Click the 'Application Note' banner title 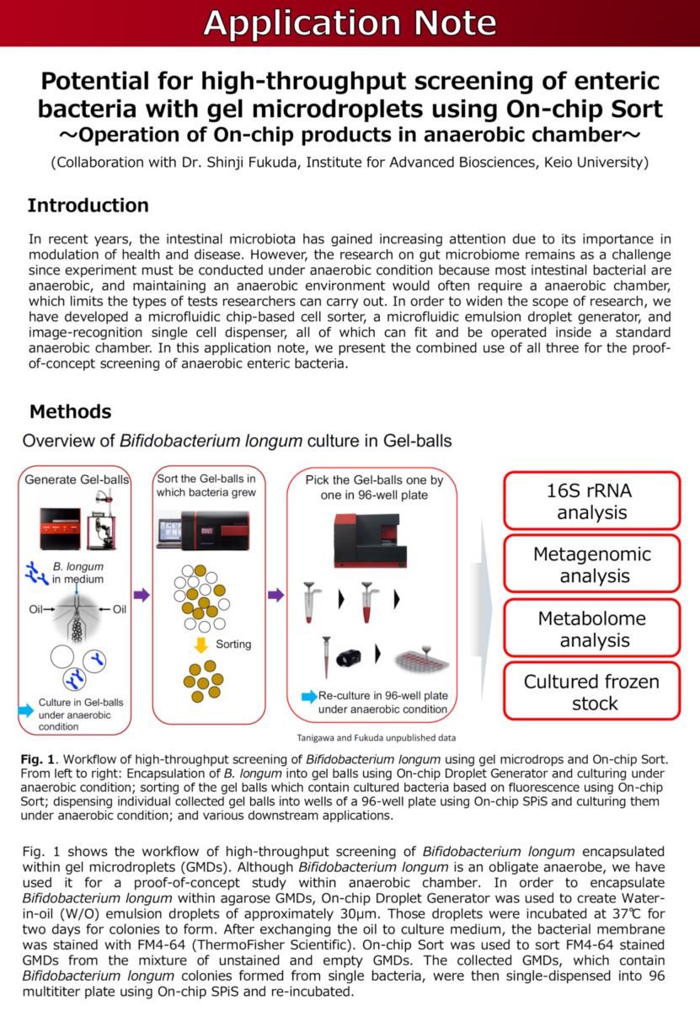coord(350,24)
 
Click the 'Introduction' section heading coord(88,206)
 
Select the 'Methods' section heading coord(70,411)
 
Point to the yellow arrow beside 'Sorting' coord(200,645)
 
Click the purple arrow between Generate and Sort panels coord(142,595)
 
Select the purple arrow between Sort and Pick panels coord(275,595)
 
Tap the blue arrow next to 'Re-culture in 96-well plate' coord(308,697)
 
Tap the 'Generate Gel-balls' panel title coord(77,479)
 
